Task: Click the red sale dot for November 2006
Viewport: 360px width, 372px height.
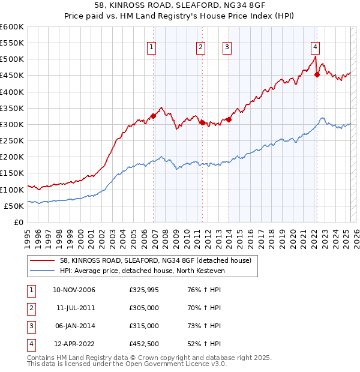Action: (x=153, y=116)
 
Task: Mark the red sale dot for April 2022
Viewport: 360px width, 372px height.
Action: (x=317, y=74)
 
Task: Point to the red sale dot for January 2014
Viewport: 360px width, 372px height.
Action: (x=229, y=119)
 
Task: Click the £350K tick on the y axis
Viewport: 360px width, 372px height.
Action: (x=11, y=108)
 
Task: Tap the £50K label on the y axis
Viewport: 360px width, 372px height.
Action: (x=14, y=206)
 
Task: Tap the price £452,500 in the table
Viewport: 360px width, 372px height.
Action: (x=143, y=344)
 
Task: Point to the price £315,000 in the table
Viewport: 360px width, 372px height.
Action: (x=143, y=326)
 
